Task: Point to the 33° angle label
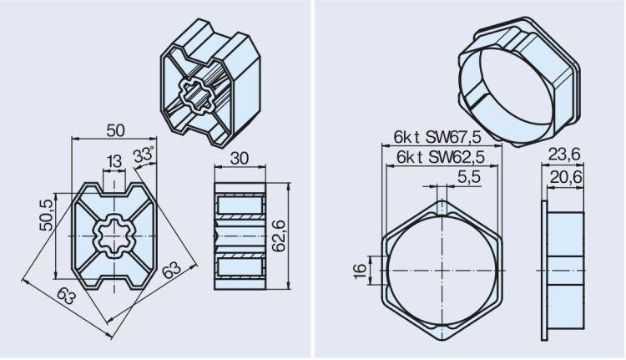pos(144,155)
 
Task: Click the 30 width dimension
pos(240,159)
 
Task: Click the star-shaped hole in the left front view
pos(113,237)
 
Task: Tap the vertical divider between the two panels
pos(313,180)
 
